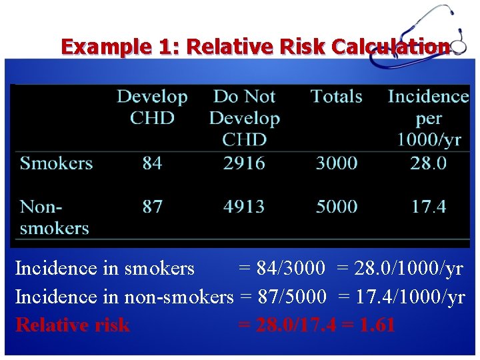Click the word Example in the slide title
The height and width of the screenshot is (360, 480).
click(100, 47)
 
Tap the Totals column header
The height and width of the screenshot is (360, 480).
click(336, 97)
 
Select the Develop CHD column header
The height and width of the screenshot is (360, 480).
click(152, 107)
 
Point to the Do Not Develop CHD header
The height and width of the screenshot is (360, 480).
click(244, 118)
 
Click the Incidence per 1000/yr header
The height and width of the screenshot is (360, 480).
click(429, 118)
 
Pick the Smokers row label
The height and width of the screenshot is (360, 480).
click(56, 163)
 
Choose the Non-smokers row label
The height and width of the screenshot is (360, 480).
click(54, 217)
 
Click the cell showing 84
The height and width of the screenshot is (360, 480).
click(152, 163)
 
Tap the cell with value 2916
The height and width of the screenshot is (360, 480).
click(244, 163)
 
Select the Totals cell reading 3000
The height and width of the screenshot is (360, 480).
click(336, 163)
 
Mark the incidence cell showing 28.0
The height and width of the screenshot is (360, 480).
click(429, 163)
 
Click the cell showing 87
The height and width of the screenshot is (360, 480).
click(152, 207)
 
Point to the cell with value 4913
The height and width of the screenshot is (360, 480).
click(244, 207)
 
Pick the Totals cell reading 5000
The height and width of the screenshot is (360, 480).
click(336, 207)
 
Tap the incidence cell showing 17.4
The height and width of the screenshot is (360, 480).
click(429, 207)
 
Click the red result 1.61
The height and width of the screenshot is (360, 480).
click(377, 325)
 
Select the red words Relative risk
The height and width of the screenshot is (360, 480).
click(72, 325)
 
